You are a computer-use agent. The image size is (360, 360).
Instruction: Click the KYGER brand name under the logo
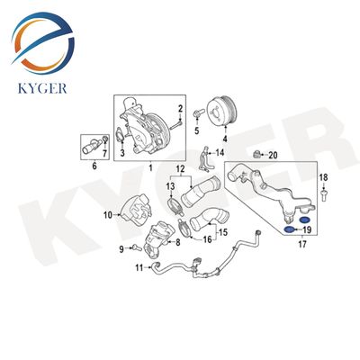coord(42,88)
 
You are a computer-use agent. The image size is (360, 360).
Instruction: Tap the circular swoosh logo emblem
coord(42,42)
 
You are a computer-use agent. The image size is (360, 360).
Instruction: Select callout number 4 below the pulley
coord(225,139)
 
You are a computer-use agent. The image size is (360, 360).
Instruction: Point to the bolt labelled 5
coord(198,114)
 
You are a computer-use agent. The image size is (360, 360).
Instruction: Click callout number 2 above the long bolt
coord(180,109)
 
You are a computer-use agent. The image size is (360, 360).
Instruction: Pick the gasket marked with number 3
coord(120,136)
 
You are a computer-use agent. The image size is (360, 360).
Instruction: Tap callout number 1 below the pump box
coord(150,167)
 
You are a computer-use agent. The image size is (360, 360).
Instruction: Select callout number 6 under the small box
coord(94,166)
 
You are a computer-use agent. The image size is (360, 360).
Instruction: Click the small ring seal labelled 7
coord(104,139)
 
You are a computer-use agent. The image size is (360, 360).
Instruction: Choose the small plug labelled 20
coord(256,155)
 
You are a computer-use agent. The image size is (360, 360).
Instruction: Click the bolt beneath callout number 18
coord(323,194)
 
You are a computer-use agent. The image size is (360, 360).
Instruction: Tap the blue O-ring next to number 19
coord(289,230)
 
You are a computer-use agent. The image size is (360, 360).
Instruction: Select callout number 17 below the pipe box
coord(302,245)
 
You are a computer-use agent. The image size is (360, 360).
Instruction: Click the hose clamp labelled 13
coord(175,207)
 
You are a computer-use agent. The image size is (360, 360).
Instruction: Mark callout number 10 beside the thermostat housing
coord(108,215)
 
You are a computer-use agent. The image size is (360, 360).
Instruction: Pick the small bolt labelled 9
coord(137,247)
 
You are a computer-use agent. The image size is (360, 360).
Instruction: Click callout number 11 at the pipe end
coord(139,267)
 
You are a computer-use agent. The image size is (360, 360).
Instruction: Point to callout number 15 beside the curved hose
coord(223,232)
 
